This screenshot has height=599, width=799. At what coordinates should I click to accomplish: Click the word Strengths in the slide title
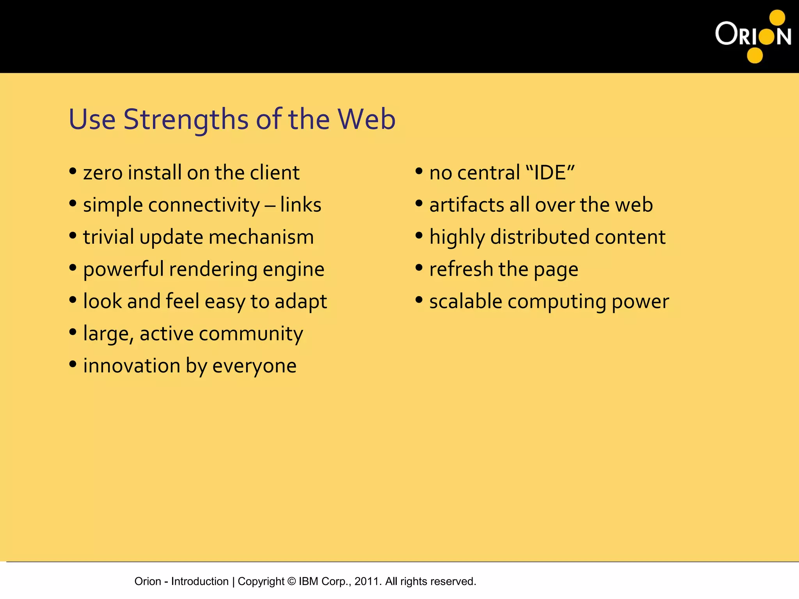(x=186, y=119)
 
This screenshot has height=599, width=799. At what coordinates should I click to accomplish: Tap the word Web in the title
(x=366, y=119)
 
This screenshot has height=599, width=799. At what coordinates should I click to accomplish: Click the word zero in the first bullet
(x=103, y=173)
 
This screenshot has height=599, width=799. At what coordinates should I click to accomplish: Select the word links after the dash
(x=300, y=205)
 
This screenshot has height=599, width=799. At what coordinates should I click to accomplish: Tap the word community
(x=251, y=334)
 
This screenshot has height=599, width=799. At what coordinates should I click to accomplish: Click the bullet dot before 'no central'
(x=419, y=171)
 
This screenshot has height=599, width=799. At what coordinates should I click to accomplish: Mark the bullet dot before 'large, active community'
(x=73, y=332)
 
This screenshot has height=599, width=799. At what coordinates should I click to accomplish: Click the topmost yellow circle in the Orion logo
(x=777, y=18)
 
